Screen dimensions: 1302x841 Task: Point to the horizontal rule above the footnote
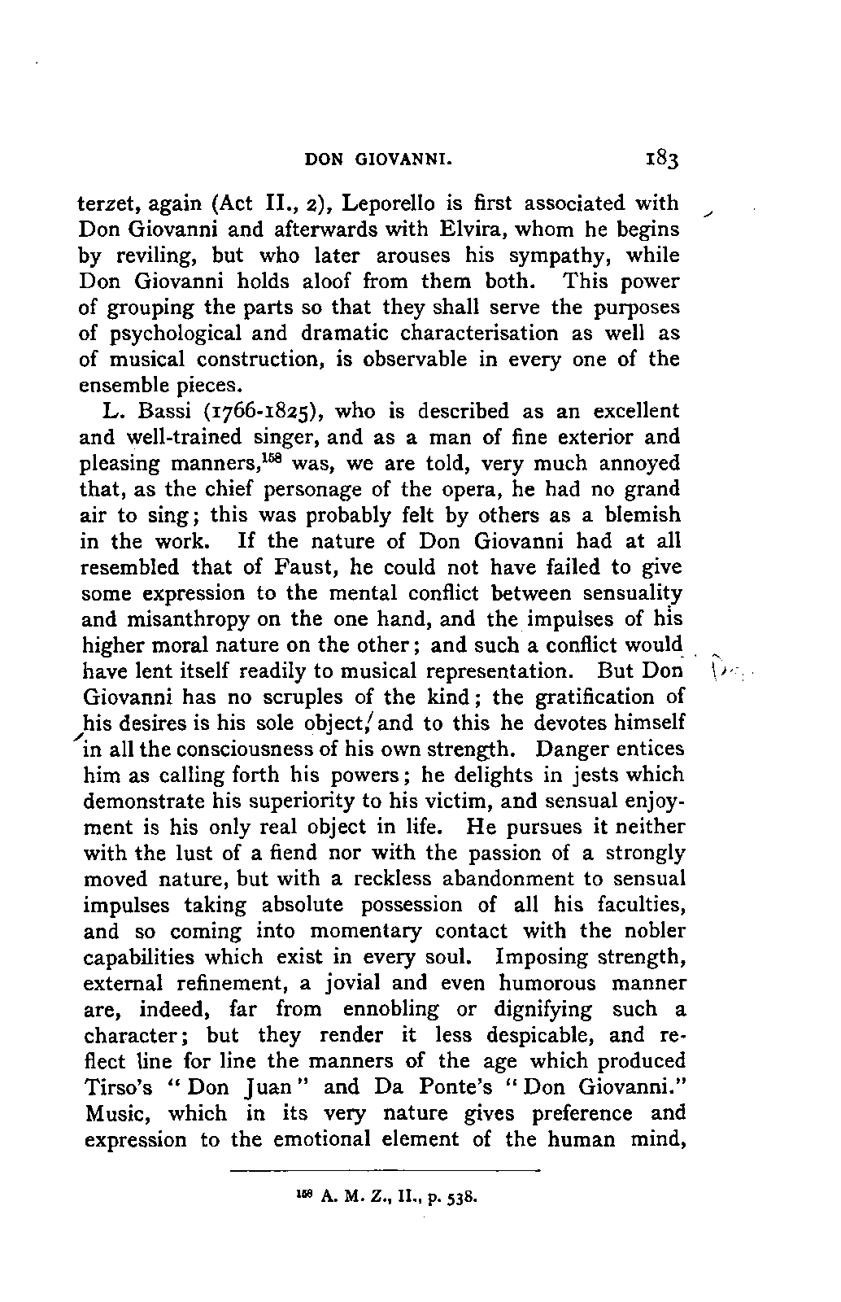(x=386, y=1171)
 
